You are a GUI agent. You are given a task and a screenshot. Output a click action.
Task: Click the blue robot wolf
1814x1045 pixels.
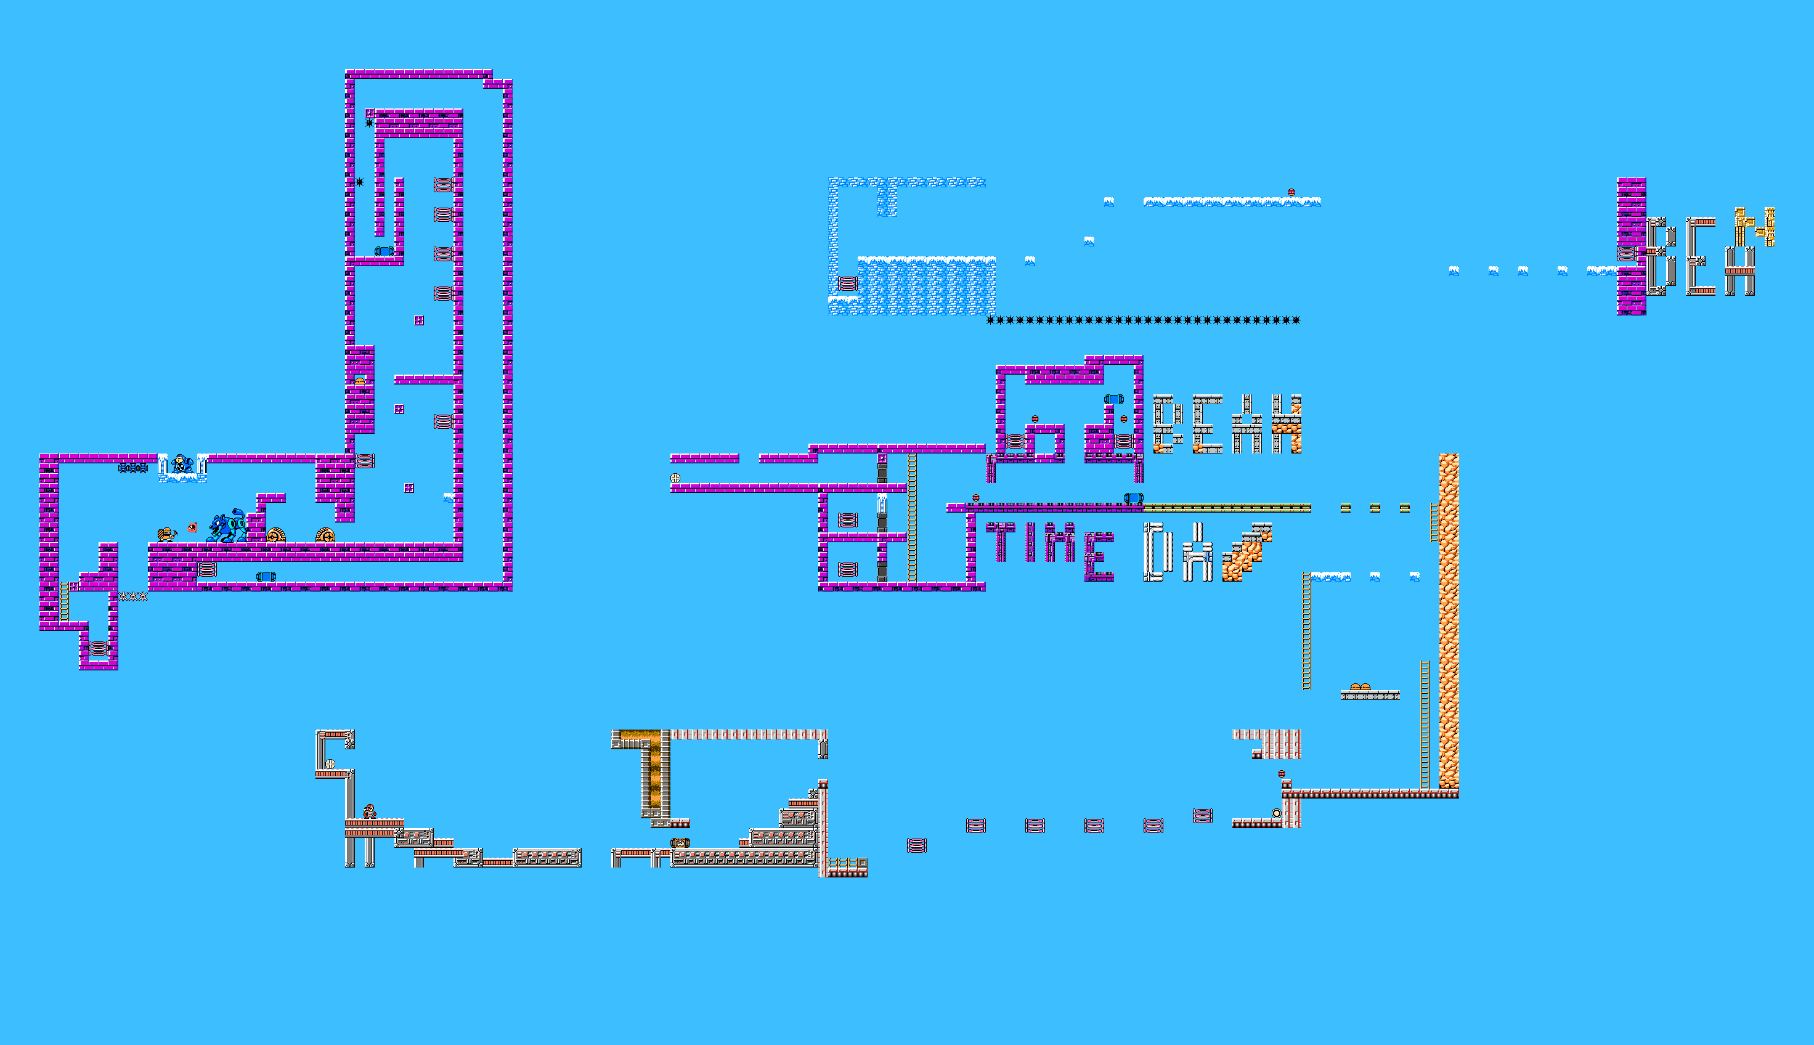pos(227,527)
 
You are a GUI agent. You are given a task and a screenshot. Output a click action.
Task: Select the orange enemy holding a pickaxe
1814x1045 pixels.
pos(166,534)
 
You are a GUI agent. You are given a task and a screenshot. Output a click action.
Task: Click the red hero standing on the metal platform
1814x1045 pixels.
pos(370,811)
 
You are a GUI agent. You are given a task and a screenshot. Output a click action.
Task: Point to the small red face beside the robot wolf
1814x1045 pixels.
pos(192,527)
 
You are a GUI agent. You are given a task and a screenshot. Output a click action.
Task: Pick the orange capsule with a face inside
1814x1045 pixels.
pos(680,843)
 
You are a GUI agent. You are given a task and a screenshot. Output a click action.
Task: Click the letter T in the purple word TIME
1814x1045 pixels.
pos(1000,542)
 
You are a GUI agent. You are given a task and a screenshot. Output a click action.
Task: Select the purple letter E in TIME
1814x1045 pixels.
pos(1099,556)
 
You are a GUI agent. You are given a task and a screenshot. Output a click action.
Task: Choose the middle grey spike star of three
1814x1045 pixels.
pos(132,596)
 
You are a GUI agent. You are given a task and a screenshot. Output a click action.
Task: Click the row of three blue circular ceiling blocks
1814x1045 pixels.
pos(132,468)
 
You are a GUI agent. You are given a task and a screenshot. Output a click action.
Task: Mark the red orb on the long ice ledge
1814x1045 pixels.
pos(1291,192)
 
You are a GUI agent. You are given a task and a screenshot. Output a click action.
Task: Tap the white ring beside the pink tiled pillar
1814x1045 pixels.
pos(1276,813)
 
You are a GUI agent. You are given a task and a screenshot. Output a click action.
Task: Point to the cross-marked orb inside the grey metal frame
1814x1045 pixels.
pos(330,763)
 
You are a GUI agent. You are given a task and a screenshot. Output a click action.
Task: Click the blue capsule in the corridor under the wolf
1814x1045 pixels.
pos(266,576)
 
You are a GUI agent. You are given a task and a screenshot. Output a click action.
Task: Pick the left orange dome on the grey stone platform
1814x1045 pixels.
pos(1355,687)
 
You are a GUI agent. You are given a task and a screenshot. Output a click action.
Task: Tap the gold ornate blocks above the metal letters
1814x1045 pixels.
pos(1754,226)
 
